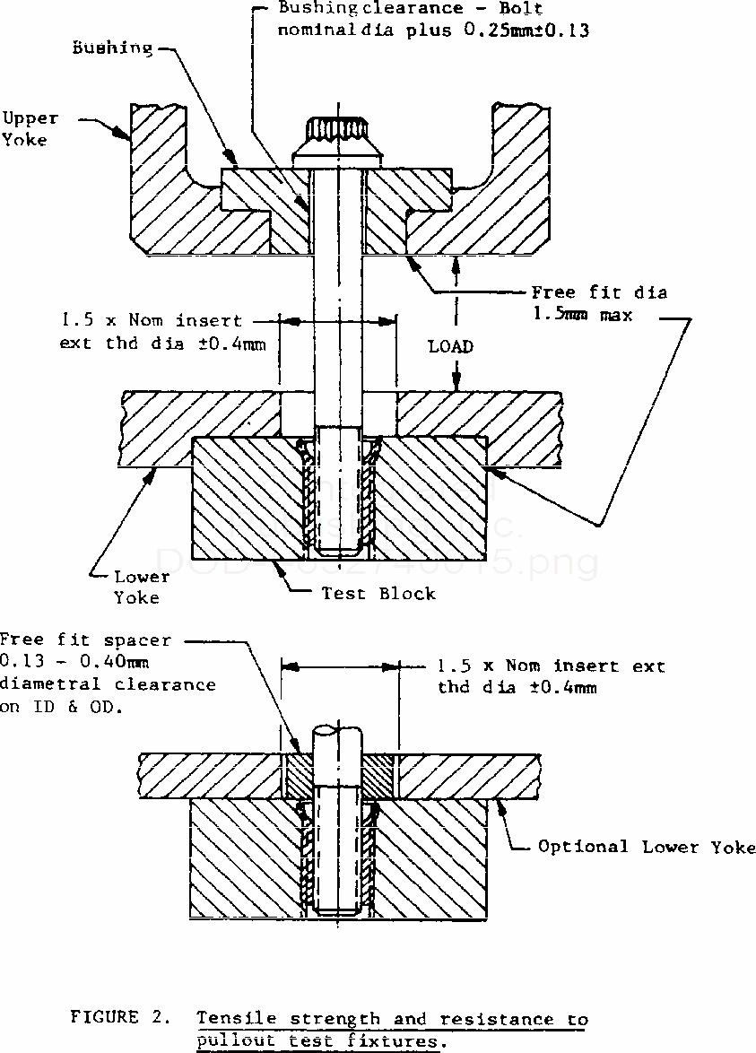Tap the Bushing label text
pyautogui.click(x=113, y=48)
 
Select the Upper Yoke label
pyautogui.click(x=30, y=128)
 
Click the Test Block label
pyautogui.click(x=378, y=593)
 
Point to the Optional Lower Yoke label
pyautogui.click(x=647, y=847)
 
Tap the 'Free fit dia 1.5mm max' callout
pyautogui.click(x=599, y=303)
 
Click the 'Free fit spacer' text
pyautogui.click(x=84, y=640)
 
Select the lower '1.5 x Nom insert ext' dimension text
pyautogui.click(x=552, y=666)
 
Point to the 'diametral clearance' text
pyautogui.click(x=108, y=684)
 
